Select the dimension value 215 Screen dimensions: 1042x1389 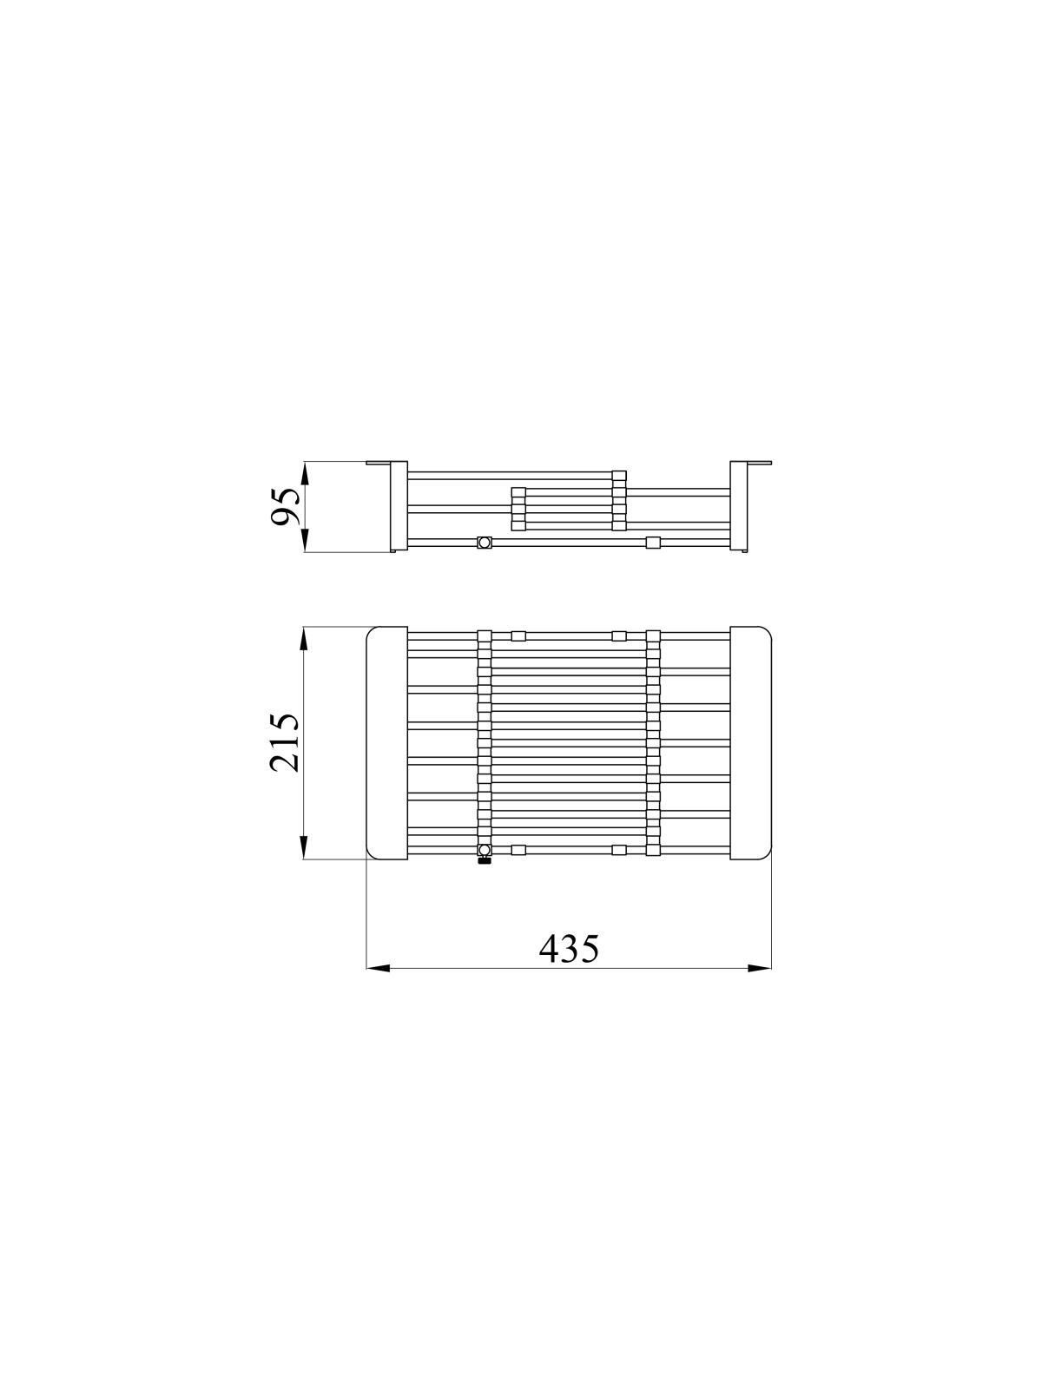[x=284, y=743]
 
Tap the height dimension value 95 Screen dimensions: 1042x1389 [x=284, y=507]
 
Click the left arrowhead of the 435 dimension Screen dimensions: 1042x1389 [x=379, y=986]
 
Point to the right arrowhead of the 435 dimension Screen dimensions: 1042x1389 [x=760, y=986]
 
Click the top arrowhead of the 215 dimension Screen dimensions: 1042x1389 [x=304, y=638]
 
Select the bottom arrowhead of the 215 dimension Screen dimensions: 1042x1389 [x=304, y=847]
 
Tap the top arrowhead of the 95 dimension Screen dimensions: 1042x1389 [x=304, y=474]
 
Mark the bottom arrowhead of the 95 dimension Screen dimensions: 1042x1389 [x=304, y=541]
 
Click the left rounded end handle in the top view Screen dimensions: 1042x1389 [x=387, y=743]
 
